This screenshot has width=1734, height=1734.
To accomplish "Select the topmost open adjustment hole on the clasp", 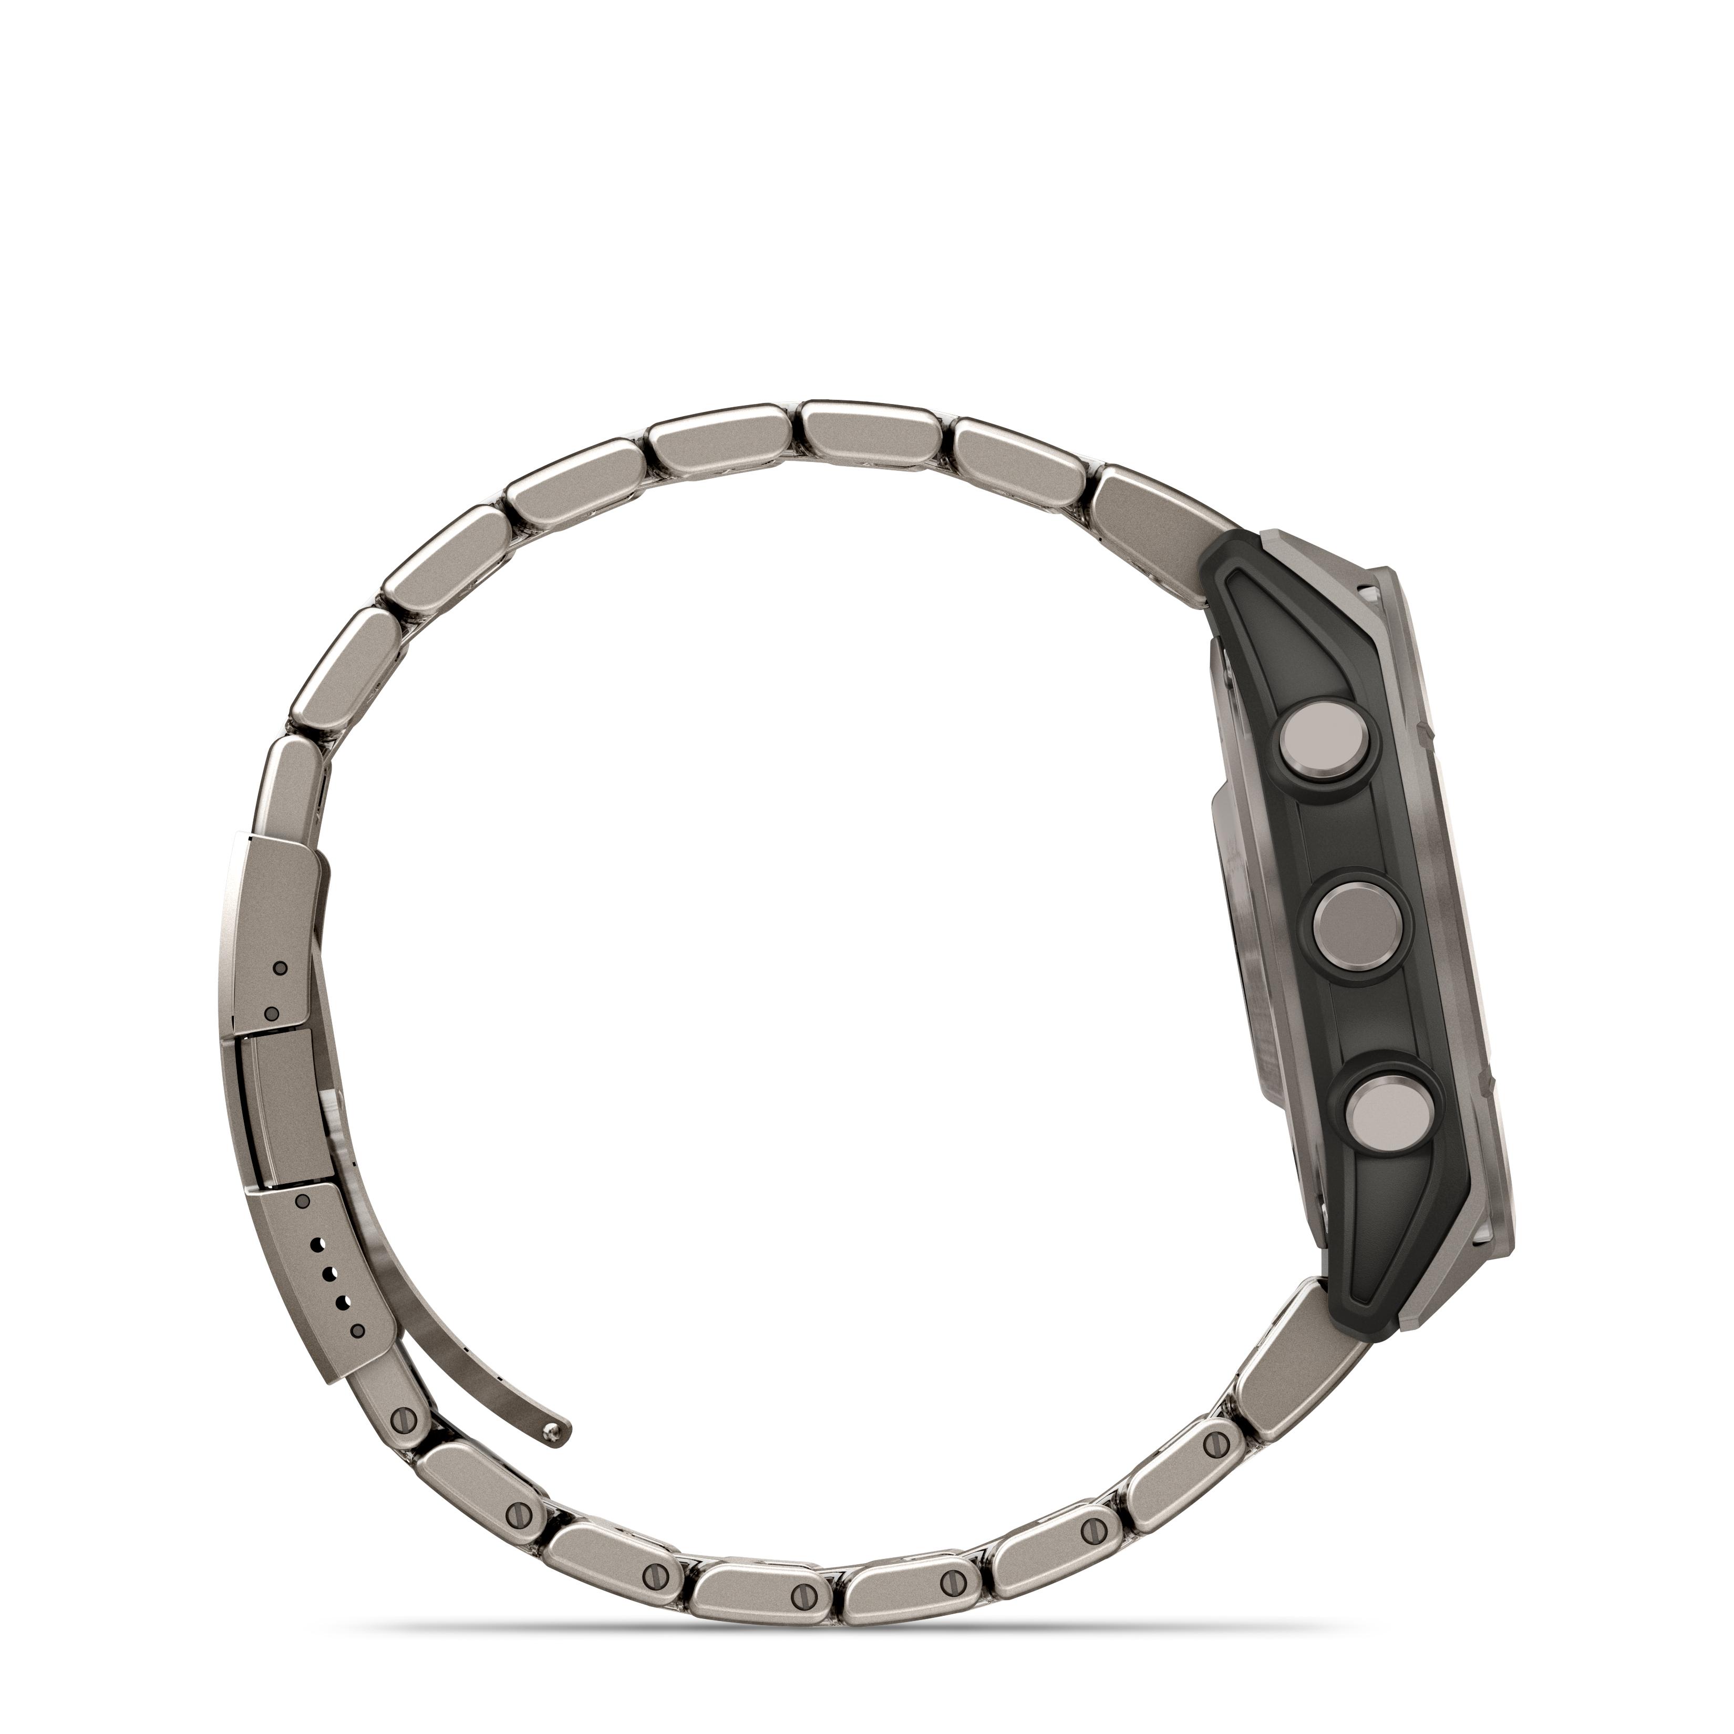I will coord(316,1245).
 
